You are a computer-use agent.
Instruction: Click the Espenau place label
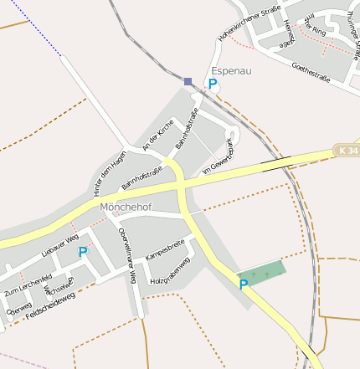tap(231, 71)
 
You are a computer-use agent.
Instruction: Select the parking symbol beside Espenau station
tap(213, 85)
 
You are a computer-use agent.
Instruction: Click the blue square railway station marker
tap(188, 81)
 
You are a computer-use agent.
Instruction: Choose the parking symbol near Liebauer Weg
tap(83, 252)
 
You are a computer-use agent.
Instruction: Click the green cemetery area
tap(262, 273)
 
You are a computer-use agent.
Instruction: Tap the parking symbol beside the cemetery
tap(244, 285)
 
